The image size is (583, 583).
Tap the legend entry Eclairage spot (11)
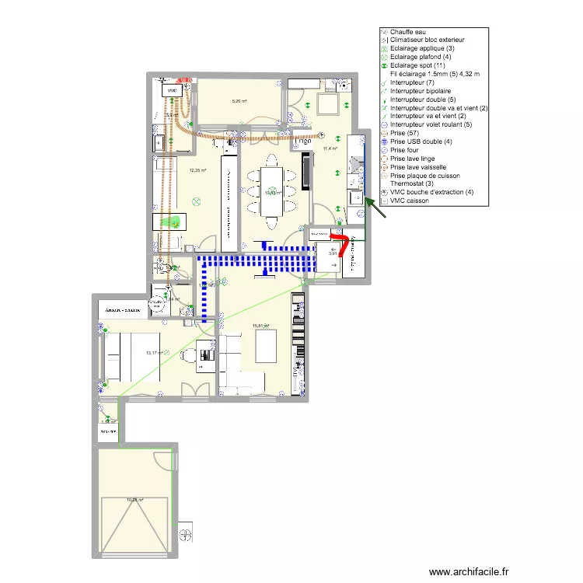416,65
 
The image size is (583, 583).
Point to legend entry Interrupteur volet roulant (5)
434,124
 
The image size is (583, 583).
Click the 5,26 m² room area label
239,101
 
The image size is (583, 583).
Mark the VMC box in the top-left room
172,91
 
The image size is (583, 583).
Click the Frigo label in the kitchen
319,233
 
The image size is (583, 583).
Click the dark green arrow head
368,201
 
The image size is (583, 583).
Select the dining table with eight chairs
271,191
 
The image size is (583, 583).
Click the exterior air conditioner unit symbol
186,535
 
